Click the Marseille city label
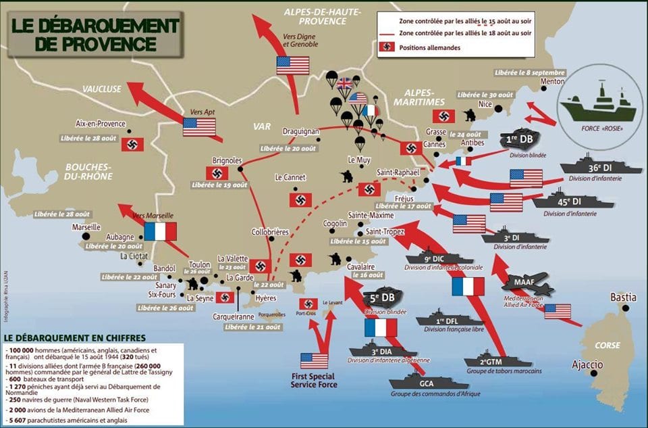86,227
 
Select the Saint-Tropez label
386,231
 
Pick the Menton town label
553,82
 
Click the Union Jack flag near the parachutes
346,84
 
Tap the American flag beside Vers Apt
199,126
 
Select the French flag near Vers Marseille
160,232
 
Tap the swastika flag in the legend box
387,47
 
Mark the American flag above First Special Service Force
314,360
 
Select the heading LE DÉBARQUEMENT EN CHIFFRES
74,337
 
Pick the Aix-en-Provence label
101,124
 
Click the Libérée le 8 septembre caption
529,72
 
